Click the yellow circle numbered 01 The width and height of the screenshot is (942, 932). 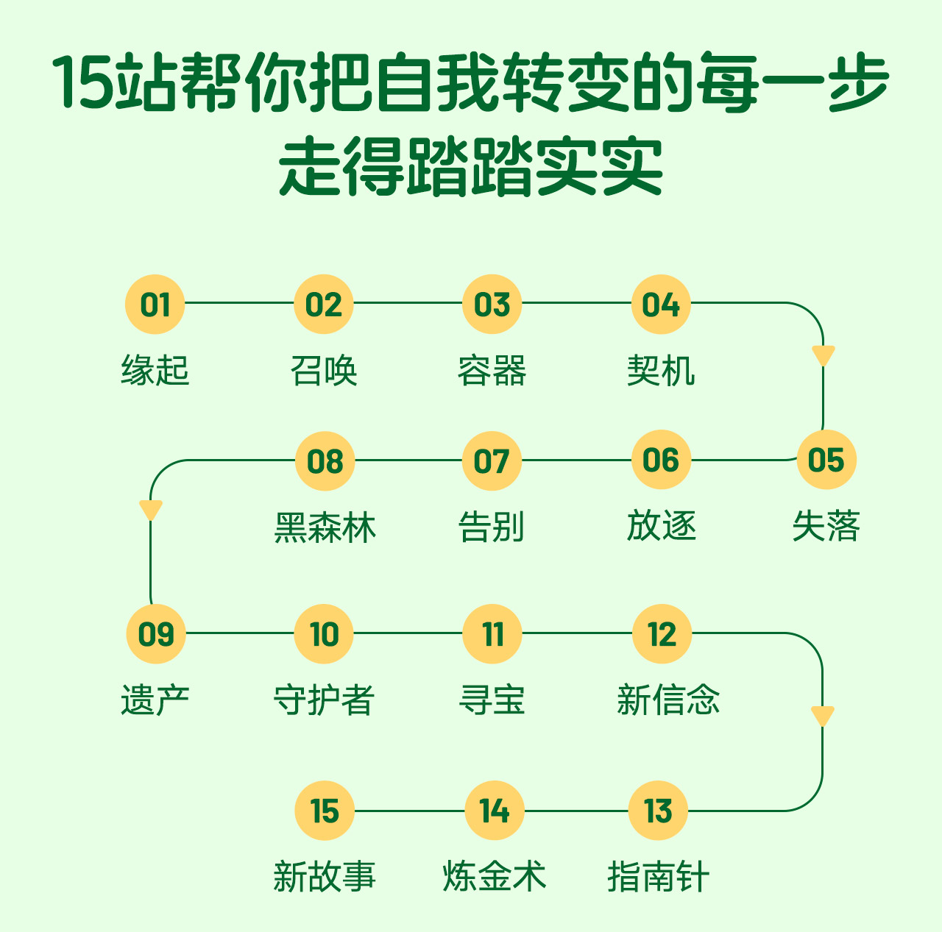tap(155, 304)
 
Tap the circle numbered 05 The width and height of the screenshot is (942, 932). tap(826, 460)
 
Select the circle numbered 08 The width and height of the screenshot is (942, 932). tap(325, 461)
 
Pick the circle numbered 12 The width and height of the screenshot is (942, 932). tap(662, 634)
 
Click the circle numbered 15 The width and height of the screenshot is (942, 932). tap(325, 811)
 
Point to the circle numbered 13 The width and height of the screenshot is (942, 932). tap(658, 811)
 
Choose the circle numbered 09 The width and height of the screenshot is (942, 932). tap(155, 634)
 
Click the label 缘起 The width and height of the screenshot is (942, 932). tap(155, 370)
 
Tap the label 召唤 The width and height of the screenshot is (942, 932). tap(324, 370)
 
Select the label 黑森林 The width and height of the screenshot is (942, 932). tap(325, 527)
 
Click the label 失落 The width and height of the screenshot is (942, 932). tap(826, 527)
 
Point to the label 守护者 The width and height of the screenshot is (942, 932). tap(324, 700)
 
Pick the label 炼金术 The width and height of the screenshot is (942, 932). tap(494, 876)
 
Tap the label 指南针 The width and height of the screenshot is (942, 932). tap(658, 876)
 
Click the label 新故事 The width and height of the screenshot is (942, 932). tap(325, 876)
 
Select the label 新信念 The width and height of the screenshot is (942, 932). tap(668, 700)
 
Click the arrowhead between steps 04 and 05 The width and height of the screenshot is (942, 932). tap(823, 355)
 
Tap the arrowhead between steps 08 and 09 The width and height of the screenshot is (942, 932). tap(151, 510)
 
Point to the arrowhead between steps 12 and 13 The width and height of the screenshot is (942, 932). tap(822, 716)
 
